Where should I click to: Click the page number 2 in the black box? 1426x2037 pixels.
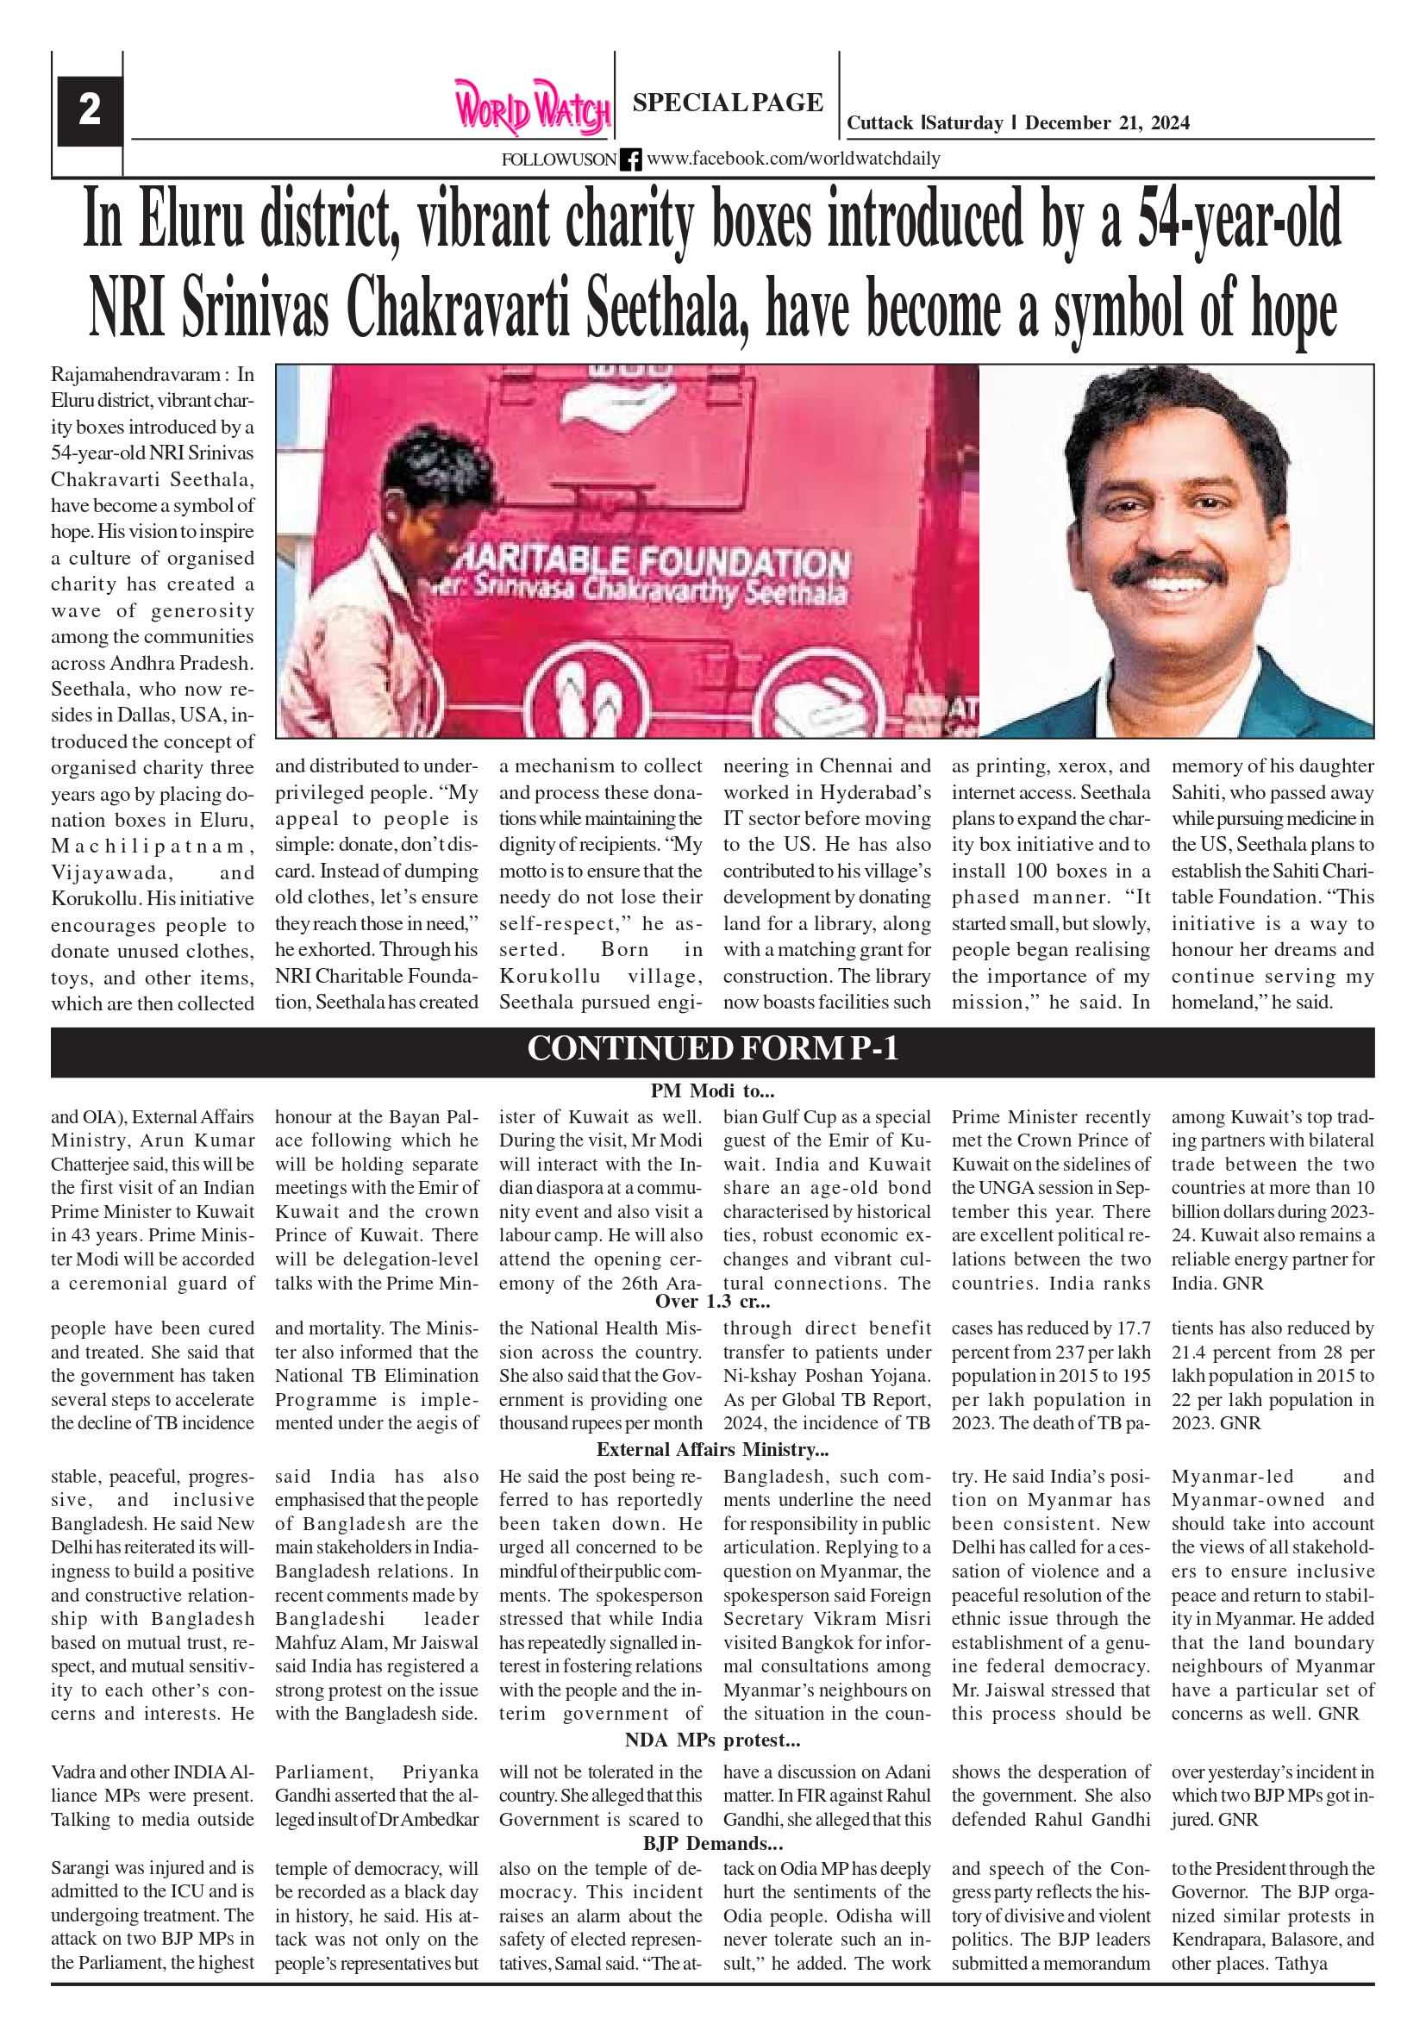tap(90, 111)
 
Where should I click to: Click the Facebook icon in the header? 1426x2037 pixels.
tap(630, 159)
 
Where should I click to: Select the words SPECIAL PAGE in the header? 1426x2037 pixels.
tap(728, 103)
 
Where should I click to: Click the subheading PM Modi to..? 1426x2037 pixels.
tap(712, 1090)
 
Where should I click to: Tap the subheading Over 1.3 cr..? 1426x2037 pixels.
tap(712, 1302)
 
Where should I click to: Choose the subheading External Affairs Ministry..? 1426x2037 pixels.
tap(712, 1450)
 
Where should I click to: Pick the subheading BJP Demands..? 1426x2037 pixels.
tap(712, 1845)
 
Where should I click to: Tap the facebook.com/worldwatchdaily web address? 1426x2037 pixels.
tap(793, 159)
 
